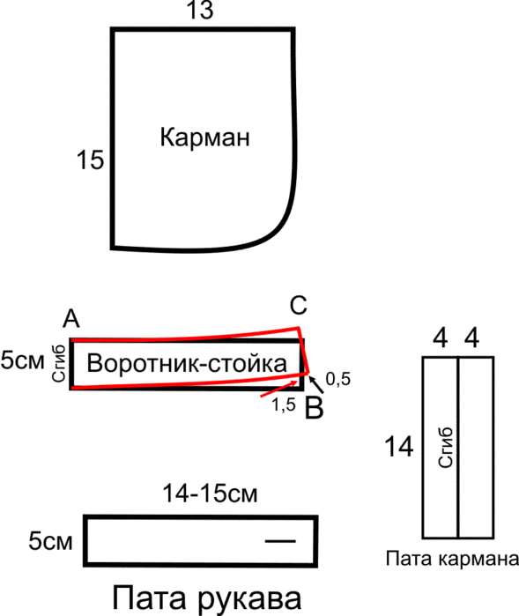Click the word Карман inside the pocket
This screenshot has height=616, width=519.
204,137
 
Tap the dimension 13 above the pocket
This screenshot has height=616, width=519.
200,10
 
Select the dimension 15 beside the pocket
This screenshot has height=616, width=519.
90,160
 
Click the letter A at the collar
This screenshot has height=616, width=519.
71,319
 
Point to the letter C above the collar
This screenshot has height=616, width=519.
298,305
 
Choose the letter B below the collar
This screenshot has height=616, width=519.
315,409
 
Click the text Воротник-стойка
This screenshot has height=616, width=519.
187,363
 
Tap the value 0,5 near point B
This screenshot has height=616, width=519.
337,379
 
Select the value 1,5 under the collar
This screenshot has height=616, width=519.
284,404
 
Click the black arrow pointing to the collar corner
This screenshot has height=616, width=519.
316,385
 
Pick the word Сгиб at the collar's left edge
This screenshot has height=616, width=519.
58,363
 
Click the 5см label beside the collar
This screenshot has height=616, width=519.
22,360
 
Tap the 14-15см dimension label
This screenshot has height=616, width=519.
211,494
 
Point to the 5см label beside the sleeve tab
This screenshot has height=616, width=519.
50,541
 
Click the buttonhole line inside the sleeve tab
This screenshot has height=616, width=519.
280,541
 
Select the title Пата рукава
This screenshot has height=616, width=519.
207,598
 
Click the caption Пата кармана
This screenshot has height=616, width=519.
452,559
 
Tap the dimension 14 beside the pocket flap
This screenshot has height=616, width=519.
398,447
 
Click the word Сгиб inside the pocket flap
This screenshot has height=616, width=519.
446,448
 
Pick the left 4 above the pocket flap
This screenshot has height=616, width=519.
440,338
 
